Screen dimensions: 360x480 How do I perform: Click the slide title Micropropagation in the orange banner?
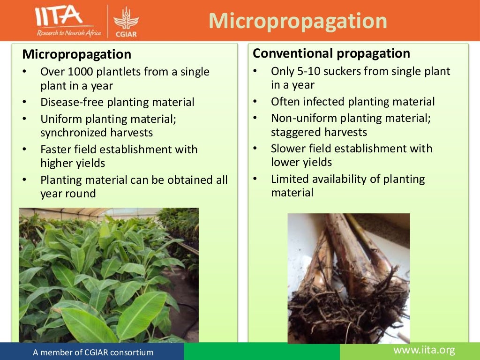tap(298, 21)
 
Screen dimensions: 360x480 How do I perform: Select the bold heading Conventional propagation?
tap(331, 53)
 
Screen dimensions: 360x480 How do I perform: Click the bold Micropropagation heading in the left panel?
tap(76, 54)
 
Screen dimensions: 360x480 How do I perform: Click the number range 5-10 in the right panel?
tap(312, 71)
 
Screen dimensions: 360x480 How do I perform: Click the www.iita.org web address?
tap(424, 350)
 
